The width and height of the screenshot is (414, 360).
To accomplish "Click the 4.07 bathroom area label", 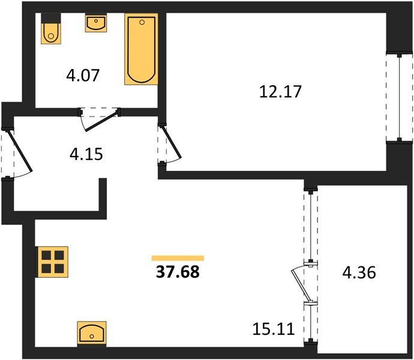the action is [83, 75].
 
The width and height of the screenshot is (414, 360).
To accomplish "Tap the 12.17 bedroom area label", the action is [280, 91].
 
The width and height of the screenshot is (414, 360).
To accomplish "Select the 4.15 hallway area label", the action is [86, 154].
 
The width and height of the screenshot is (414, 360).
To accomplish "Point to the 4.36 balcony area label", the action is [359, 272].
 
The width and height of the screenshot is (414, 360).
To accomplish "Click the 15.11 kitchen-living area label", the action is [273, 329].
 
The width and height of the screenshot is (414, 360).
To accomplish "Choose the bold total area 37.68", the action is [178, 272].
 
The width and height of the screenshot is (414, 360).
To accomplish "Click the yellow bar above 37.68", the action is [178, 258].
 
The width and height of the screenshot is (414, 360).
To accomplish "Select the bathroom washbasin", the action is [96, 23].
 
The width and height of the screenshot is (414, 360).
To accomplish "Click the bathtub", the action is [141, 49].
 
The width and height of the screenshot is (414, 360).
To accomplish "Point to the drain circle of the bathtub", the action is [142, 22].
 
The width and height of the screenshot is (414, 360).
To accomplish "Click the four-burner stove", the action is [53, 262].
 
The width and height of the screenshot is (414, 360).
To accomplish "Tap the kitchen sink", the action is [92, 333].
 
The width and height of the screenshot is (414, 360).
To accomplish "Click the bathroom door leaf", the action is [101, 121].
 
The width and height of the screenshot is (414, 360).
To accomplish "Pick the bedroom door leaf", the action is [172, 143].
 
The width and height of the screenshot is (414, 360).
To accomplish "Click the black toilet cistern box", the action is [51, 18].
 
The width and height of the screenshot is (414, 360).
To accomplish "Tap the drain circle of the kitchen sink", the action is [92, 337].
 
